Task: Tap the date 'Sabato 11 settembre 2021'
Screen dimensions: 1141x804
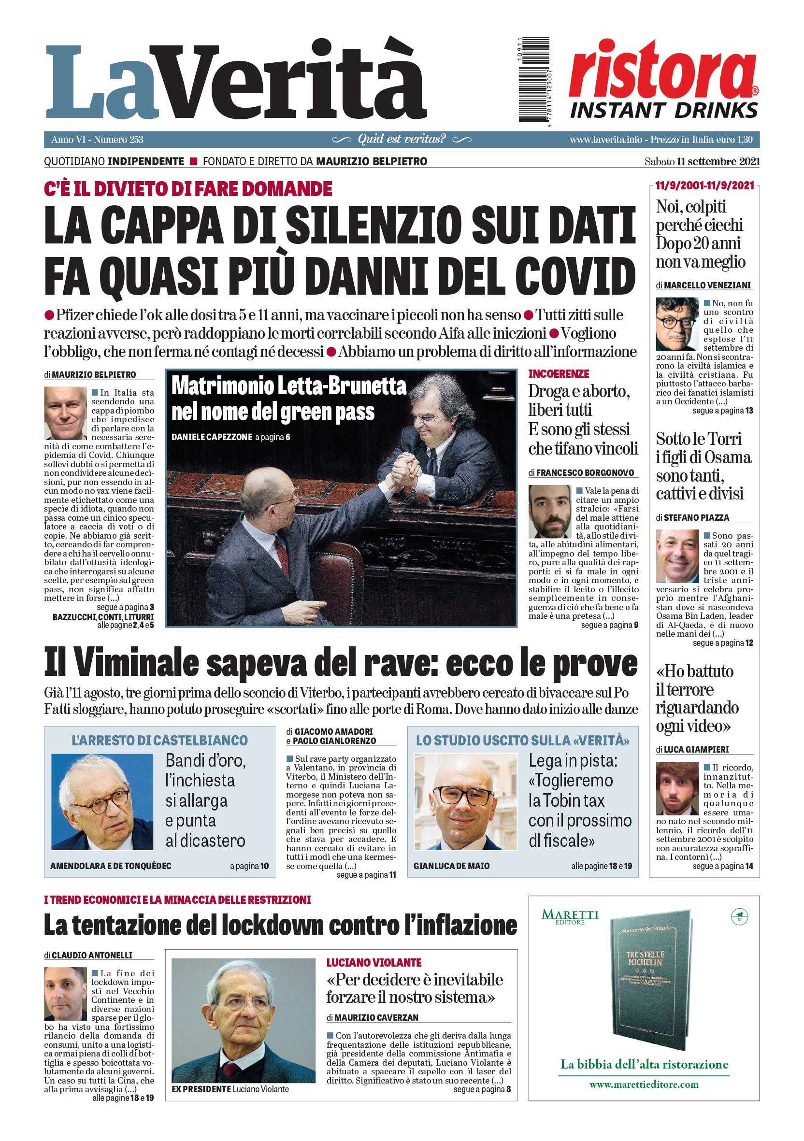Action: coord(702,161)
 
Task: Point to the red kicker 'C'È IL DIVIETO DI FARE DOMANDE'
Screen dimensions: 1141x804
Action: coord(188,189)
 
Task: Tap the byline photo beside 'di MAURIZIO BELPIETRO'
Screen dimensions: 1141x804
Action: coord(65,414)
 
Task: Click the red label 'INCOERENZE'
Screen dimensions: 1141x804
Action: coord(559,373)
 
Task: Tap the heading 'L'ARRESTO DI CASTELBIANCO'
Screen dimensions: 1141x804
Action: coord(159,741)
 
